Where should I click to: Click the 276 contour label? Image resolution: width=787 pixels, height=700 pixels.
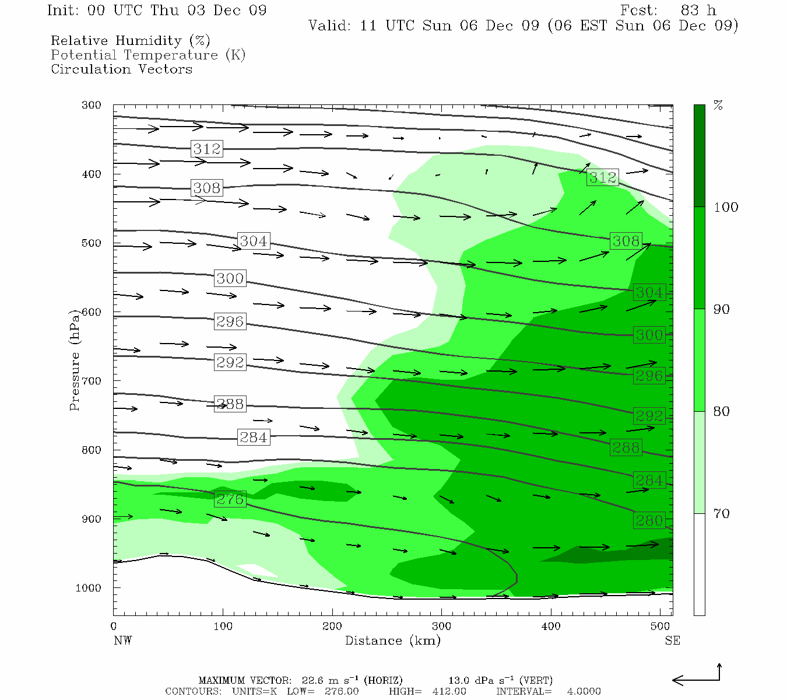pos(230,499)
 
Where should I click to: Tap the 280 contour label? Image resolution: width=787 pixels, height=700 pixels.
pos(649,520)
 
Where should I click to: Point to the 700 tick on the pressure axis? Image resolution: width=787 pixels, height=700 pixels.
pos(91,381)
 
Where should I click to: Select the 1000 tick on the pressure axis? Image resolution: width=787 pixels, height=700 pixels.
pos(89,588)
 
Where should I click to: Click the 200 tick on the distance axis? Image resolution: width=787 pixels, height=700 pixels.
pos(332,626)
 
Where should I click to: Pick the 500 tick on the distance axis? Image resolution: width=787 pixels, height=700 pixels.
pos(660,626)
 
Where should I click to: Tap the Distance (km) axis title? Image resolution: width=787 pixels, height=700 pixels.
pos(392,641)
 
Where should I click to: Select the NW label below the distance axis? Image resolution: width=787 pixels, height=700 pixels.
pos(122,641)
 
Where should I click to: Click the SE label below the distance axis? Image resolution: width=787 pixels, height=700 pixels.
pos(672,641)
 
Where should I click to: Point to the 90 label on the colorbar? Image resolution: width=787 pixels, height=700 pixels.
pos(722,310)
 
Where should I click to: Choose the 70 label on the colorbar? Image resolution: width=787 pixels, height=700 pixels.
pos(722,514)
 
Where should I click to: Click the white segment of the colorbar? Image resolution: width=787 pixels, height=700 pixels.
pos(699,564)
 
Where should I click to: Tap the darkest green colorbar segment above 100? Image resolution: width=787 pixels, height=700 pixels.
pos(699,156)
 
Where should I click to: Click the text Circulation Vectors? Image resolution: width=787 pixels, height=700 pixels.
pos(121,69)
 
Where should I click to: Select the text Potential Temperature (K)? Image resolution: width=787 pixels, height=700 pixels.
pos(148,55)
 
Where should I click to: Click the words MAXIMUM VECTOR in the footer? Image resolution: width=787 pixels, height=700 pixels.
pos(244,681)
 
